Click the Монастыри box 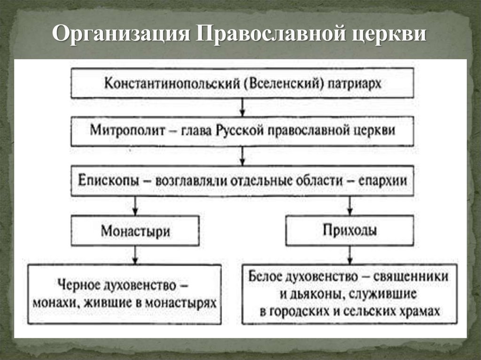(135, 230)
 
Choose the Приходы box (349, 230)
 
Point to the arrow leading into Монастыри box (135, 205)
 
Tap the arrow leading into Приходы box (349, 205)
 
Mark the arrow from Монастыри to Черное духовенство (135, 254)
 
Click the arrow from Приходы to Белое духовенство (349, 254)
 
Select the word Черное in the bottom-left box (77, 285)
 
